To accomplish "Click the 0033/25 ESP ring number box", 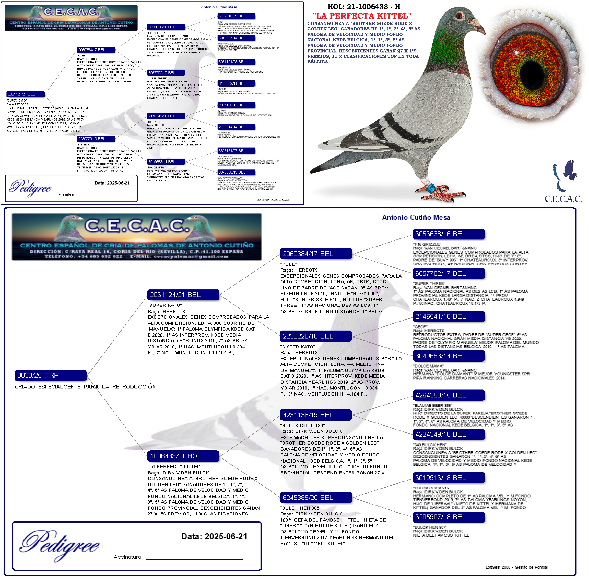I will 51,375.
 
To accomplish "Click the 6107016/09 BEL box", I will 236,16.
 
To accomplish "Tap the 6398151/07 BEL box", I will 236,151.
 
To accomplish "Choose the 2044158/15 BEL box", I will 236,105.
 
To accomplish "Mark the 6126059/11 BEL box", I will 236,84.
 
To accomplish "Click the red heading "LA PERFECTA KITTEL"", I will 362,16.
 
